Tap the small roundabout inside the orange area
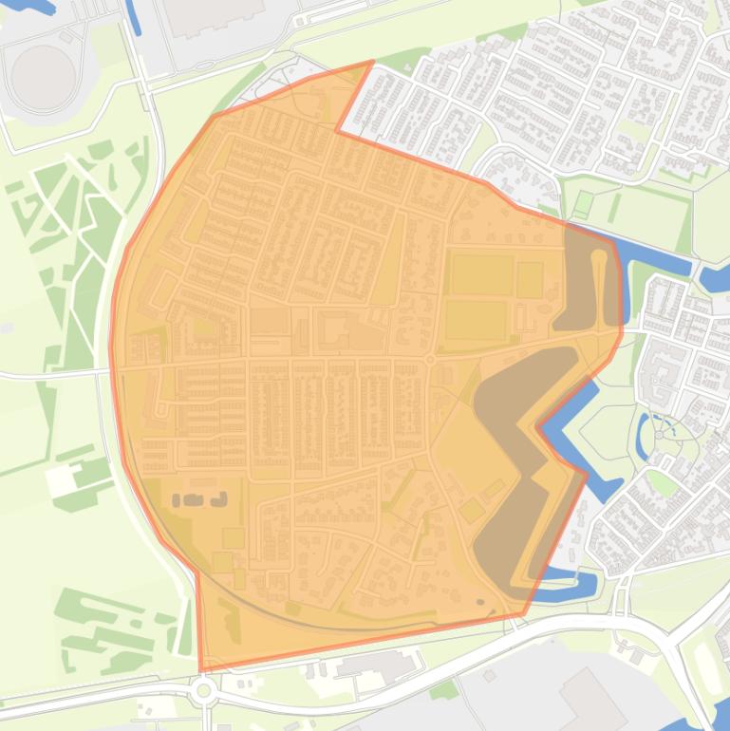pos(429,360)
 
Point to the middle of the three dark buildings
pos(197,499)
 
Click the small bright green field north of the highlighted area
pos(583,202)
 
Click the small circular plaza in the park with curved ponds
pos(660,435)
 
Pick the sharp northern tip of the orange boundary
pos(372,63)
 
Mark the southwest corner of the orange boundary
pos(201,669)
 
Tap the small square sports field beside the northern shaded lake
pos(530,280)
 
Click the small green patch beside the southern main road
pos(444,688)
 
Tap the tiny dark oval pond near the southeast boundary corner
pos(479,601)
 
